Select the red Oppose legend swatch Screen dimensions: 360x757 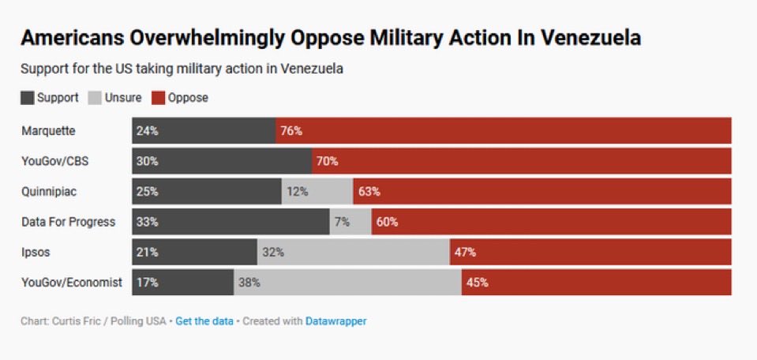[158, 98]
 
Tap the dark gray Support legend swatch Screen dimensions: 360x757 [28, 98]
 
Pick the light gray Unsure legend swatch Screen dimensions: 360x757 [95, 98]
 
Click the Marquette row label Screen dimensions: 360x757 [48, 131]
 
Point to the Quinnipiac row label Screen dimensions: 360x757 [49, 192]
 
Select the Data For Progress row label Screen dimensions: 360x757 [68, 222]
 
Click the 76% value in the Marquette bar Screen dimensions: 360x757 [291, 131]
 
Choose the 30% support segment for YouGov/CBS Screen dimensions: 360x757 [222, 161]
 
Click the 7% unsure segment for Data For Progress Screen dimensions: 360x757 [350, 222]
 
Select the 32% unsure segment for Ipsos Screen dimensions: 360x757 [354, 253]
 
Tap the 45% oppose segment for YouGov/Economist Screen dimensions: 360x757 [596, 282]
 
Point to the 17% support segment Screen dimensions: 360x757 [182, 282]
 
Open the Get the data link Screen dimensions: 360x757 [204, 321]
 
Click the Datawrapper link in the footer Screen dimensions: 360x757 [335, 321]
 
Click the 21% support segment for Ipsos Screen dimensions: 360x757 [194, 253]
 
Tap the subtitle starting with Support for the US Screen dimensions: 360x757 [182, 69]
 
